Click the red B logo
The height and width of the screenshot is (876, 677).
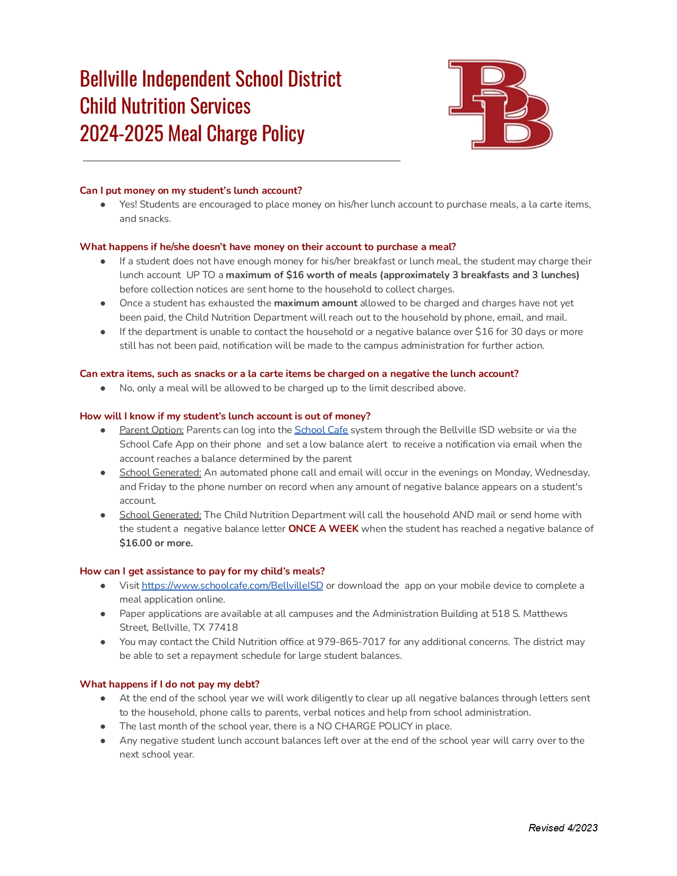pos(500,104)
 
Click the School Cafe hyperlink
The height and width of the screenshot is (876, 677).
pos(321,430)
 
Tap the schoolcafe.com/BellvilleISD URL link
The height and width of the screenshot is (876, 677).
pos(232,586)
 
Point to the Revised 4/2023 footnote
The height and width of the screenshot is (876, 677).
pos(563,828)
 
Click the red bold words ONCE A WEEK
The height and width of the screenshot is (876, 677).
pos(323,529)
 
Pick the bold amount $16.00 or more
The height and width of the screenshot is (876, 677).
pos(156,543)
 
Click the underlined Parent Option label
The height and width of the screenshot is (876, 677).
pos(151,430)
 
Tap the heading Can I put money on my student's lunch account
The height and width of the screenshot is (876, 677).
pos(191,191)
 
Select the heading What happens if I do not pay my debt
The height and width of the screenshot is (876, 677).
pos(169,684)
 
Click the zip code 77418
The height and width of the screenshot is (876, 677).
pos(223,628)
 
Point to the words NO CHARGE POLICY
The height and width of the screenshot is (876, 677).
pos(365,726)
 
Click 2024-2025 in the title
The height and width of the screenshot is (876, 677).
pos(122,134)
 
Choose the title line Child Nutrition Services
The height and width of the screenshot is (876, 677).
pos(165,106)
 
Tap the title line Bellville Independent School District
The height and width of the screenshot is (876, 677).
pos(210,79)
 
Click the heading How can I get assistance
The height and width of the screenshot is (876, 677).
pos(202,571)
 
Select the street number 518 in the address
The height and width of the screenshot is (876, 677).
pos(501,614)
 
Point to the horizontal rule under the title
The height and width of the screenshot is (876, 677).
pos(242,160)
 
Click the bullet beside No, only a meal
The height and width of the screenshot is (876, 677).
pos(103,388)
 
